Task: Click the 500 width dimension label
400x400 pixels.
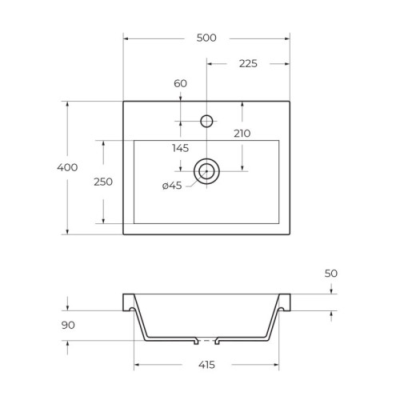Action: (206, 38)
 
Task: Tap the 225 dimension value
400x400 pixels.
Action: (248, 64)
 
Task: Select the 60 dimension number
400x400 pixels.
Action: (180, 83)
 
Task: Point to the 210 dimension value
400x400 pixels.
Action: (242, 134)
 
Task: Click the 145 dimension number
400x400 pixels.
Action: (181, 148)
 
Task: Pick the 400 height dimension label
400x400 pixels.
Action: (67, 167)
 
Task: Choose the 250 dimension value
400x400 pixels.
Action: (103, 182)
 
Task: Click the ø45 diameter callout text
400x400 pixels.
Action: (172, 186)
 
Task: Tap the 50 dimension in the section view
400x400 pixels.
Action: (331, 274)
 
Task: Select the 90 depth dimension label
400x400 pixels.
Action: (68, 325)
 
